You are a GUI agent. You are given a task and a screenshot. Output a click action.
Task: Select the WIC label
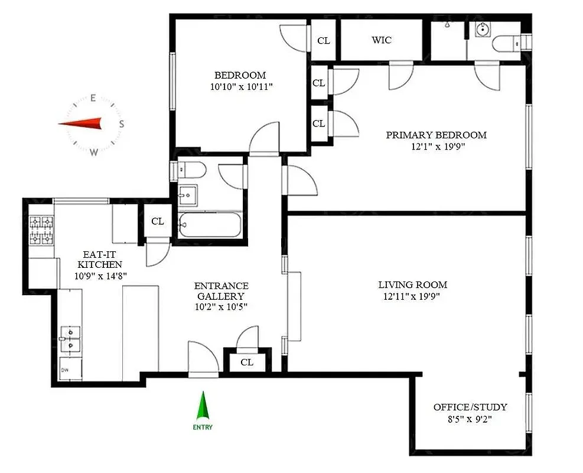click(381, 40)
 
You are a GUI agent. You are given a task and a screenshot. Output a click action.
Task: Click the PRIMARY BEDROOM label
click(436, 135)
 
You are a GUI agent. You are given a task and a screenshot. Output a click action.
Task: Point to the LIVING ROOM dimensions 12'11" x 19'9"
click(412, 296)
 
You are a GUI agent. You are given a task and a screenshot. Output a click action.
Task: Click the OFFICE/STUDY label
click(470, 407)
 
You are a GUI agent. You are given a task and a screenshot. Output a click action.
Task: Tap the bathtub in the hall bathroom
click(209, 225)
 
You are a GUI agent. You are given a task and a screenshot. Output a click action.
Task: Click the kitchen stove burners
click(41, 230)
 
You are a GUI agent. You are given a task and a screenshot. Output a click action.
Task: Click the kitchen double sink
click(71, 338)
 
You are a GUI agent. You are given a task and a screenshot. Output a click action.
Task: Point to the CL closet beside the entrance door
click(247, 362)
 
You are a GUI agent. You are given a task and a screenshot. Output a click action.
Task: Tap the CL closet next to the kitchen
click(157, 222)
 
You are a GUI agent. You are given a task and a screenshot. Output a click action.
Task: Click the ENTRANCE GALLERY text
click(221, 291)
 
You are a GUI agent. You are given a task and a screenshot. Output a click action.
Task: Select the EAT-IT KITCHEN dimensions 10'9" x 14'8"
click(99, 276)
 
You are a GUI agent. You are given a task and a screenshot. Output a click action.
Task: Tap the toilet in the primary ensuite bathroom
click(507, 43)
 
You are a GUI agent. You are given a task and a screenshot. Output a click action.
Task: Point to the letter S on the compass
click(121, 124)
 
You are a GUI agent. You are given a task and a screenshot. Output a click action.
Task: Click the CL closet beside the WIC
click(323, 41)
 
